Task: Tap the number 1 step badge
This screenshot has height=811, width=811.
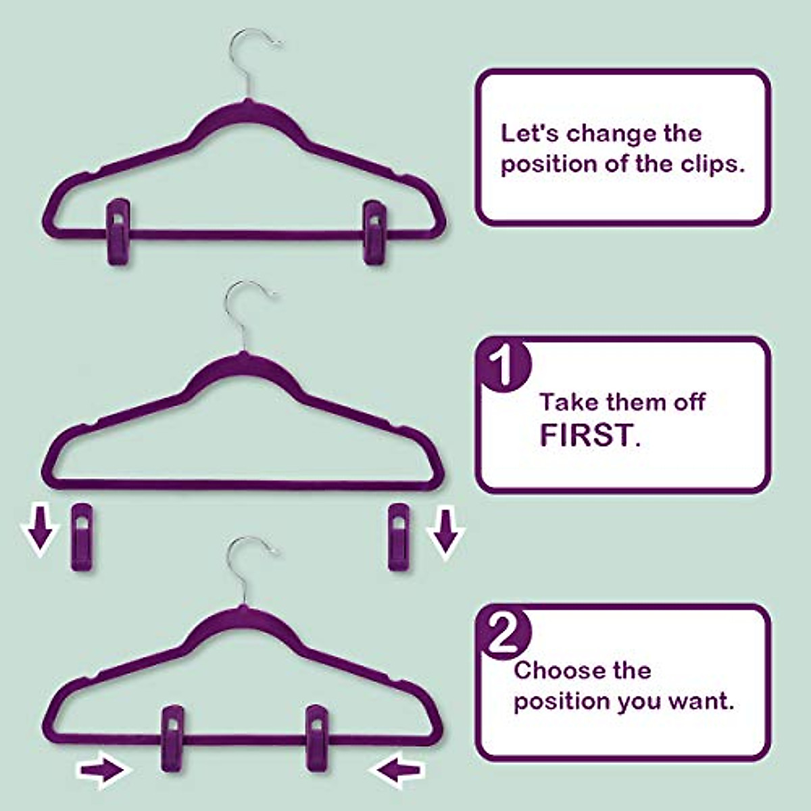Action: (503, 365)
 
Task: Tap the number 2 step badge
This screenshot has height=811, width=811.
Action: (503, 634)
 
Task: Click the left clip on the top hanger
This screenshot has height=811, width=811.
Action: (118, 231)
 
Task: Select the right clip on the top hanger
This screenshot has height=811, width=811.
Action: (374, 231)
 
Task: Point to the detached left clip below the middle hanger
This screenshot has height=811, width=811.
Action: (82, 537)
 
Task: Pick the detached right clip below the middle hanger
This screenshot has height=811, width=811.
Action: (399, 537)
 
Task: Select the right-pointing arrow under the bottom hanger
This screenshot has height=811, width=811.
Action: (102, 770)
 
